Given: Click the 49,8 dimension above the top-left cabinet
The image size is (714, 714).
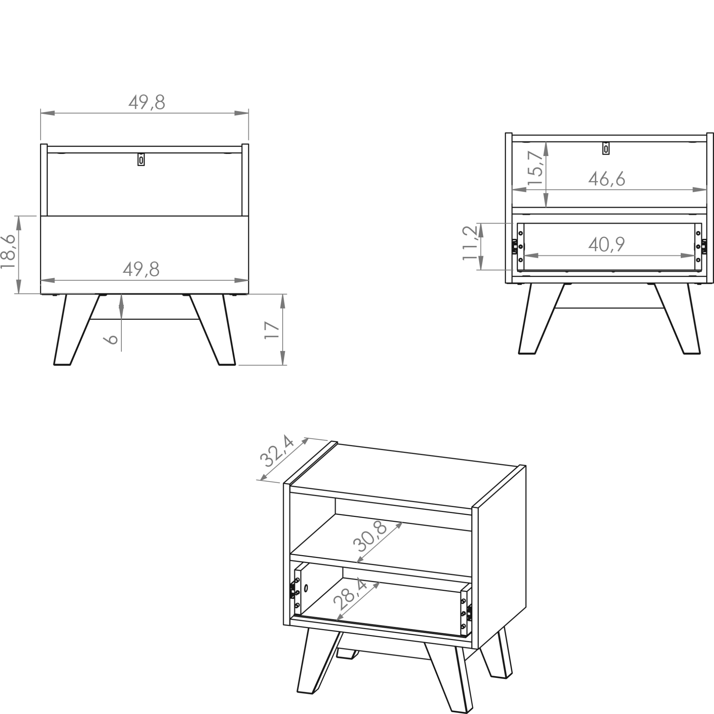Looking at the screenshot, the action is pyautogui.click(x=147, y=102).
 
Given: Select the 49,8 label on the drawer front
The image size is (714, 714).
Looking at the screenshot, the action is pyautogui.click(x=141, y=269).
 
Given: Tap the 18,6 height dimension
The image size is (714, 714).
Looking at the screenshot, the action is pyautogui.click(x=8, y=251).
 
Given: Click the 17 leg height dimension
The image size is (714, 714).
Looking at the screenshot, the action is pyautogui.click(x=272, y=330).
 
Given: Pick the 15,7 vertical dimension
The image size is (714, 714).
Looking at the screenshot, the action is pyautogui.click(x=535, y=168).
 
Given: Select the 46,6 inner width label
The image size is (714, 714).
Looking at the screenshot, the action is pyautogui.click(x=607, y=179).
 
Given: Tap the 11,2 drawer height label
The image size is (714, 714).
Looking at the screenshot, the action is pyautogui.click(x=471, y=243).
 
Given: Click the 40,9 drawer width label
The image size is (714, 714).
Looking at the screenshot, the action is pyautogui.click(x=607, y=244).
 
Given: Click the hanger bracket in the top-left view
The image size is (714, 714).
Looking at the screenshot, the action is pyautogui.click(x=141, y=159).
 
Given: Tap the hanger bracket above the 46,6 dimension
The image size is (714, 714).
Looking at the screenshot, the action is pyautogui.click(x=606, y=148).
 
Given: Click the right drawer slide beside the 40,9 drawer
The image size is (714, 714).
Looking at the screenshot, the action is pyautogui.click(x=704, y=246).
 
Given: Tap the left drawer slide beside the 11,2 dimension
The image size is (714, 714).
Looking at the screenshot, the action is pyautogui.click(x=514, y=246).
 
